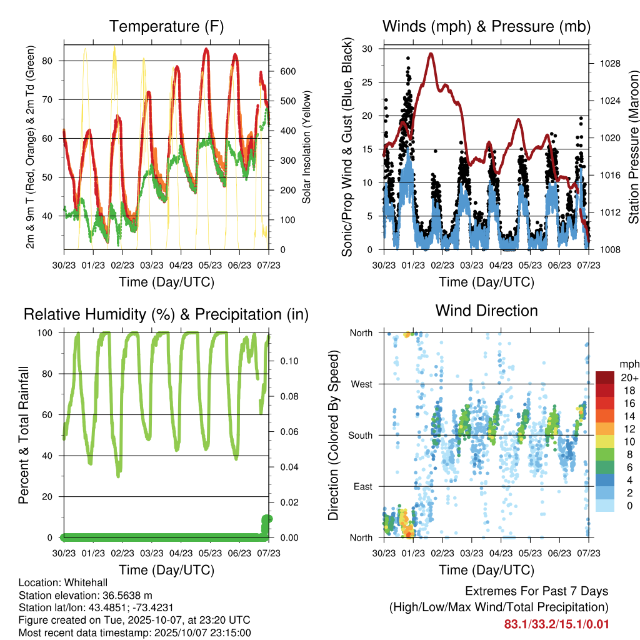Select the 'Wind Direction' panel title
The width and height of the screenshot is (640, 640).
[x=486, y=311]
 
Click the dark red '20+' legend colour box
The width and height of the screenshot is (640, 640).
[x=604, y=378]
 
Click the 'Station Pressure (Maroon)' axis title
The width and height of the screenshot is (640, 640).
[x=633, y=147]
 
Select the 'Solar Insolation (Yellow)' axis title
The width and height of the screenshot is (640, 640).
[x=306, y=147]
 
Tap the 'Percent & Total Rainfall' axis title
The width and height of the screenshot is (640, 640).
[x=23, y=435]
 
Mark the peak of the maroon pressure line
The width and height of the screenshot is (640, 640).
[x=431, y=54]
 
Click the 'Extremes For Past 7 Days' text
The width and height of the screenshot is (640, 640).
[x=536, y=591]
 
